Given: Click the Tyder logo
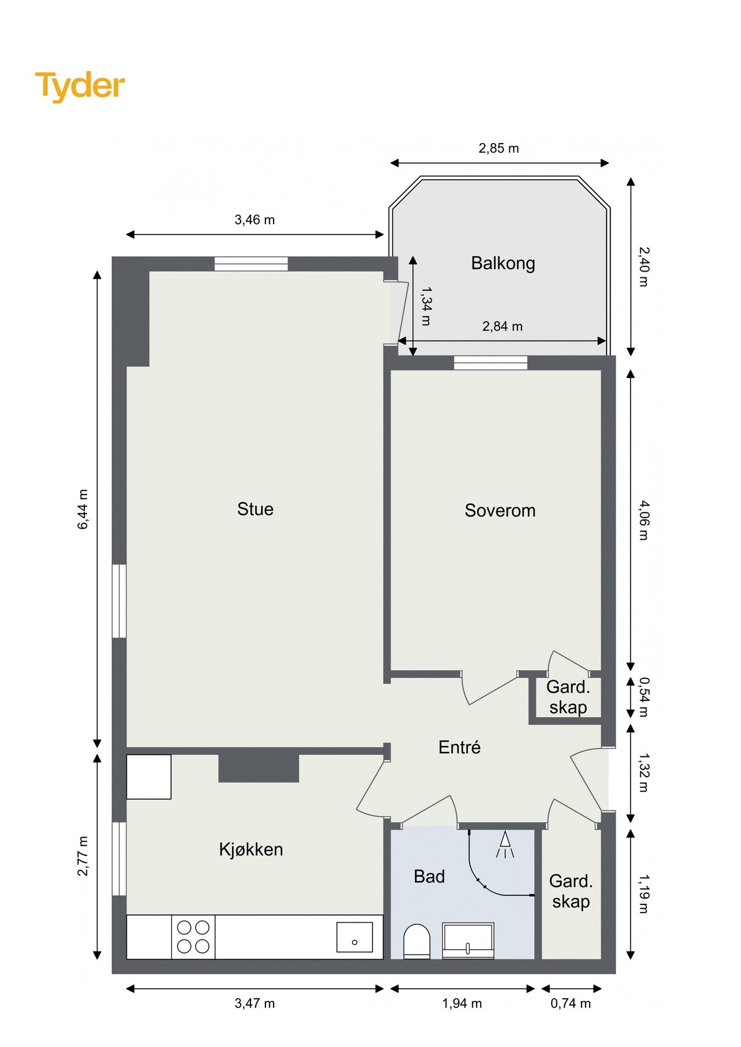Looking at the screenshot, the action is point(80,86).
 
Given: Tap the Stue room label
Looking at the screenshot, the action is point(255,509).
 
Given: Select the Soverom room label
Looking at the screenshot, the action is point(500,510).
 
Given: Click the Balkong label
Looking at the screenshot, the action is point(503,263).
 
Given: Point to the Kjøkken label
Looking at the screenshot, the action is point(251,849).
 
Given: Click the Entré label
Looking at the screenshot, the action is point(459,747).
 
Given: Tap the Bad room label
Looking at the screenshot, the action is point(429,876).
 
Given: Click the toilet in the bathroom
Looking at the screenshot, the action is point(417,941).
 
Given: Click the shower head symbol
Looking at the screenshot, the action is point(505,845).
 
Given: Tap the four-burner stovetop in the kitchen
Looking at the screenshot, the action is point(193,936).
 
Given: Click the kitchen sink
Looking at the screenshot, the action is point(354,937).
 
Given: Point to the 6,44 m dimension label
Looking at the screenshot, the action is point(83,510).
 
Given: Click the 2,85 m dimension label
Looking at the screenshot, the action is point(499,148).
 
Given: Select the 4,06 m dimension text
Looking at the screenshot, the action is point(643,520).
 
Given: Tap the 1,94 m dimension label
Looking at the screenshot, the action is point(462,1003).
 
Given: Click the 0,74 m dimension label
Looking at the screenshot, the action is point(570,1003).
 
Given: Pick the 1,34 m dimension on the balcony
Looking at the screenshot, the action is point(426,306).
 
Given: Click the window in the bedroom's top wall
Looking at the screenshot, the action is point(491,363).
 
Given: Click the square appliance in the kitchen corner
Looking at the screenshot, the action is point(149,777).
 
